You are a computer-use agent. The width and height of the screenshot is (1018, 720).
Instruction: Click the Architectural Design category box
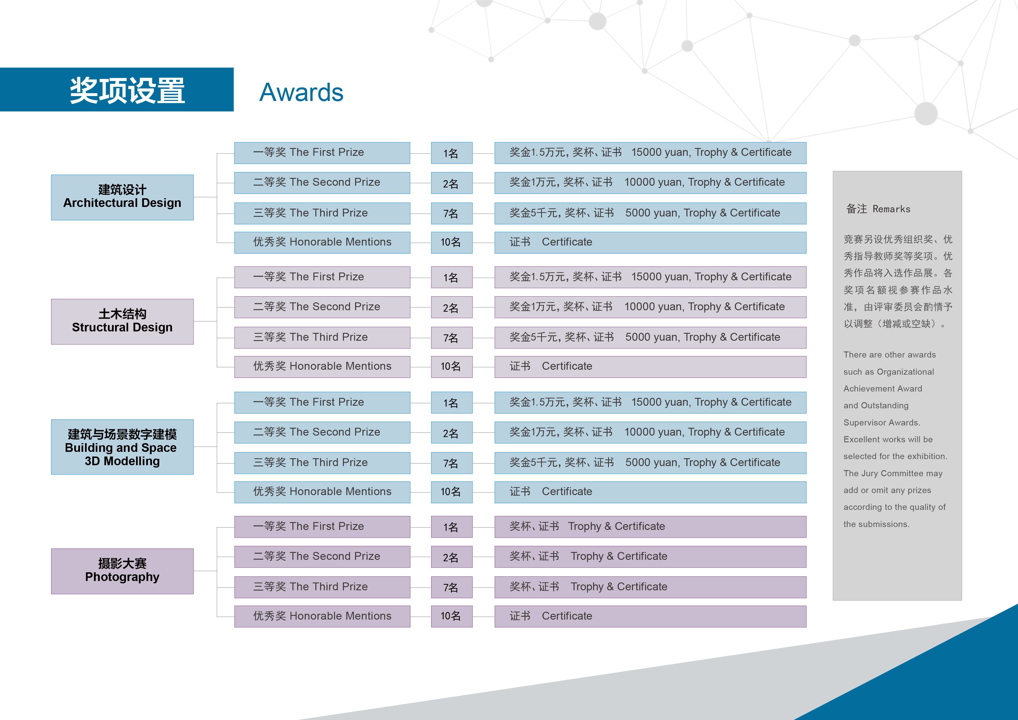click(x=122, y=197)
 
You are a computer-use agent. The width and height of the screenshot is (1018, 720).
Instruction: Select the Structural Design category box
click(x=122, y=322)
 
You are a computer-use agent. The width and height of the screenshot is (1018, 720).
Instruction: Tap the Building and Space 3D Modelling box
click(x=122, y=447)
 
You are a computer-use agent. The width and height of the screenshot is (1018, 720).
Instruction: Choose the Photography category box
click(x=122, y=571)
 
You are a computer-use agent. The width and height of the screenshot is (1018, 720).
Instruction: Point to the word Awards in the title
click(x=301, y=92)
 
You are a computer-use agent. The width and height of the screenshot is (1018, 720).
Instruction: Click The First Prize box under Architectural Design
click(x=322, y=153)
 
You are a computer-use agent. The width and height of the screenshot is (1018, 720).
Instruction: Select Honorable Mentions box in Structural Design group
click(x=322, y=367)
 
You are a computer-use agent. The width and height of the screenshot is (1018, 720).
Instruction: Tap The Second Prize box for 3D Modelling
click(x=322, y=432)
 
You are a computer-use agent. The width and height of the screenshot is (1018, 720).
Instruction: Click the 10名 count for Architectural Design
click(x=452, y=243)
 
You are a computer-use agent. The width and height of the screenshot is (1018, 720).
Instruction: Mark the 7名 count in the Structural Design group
click(x=452, y=338)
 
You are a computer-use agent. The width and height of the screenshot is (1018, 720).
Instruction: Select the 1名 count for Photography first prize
click(x=452, y=527)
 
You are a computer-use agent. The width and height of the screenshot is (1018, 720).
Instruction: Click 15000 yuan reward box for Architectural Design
click(x=650, y=153)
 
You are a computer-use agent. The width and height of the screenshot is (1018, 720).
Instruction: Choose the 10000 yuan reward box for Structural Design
click(x=650, y=307)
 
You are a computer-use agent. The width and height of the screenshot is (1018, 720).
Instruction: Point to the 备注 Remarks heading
click(x=878, y=209)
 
